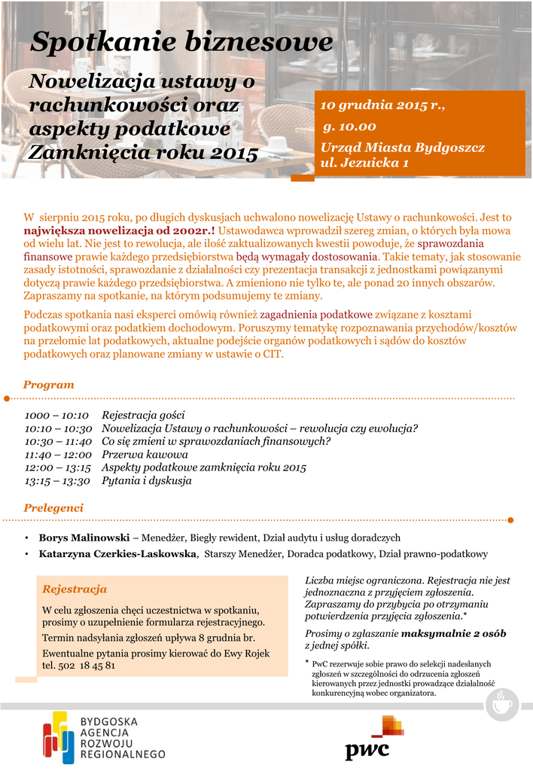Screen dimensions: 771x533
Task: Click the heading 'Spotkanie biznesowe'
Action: coord(181,42)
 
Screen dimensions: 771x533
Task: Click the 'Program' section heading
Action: coord(49,385)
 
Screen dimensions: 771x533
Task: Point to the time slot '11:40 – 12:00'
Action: coord(58,455)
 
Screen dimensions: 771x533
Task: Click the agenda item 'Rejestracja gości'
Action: coord(143,415)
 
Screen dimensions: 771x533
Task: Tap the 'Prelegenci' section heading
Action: coord(53,508)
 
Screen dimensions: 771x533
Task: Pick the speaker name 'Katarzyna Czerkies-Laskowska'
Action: coord(117,554)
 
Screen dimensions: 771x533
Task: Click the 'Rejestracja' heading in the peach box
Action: coord(75,589)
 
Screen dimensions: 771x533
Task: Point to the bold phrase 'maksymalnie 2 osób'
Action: coord(454,633)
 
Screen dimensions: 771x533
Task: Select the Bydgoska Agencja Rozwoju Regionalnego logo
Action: coord(103,737)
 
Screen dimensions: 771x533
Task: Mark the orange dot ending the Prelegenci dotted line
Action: coord(511,520)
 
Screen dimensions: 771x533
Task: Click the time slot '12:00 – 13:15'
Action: coord(58,468)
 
